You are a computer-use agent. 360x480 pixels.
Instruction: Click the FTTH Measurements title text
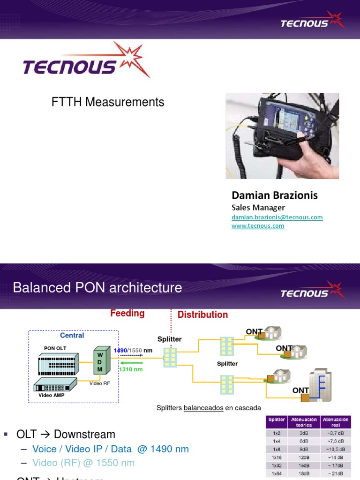click(x=108, y=102)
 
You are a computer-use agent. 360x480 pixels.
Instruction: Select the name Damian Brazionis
click(x=275, y=195)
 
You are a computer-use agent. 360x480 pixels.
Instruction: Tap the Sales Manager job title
click(x=258, y=207)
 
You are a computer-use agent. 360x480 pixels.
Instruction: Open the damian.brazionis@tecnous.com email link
click(x=277, y=217)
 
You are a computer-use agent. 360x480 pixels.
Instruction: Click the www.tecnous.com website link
click(x=258, y=226)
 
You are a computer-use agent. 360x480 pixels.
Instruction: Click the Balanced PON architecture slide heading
click(x=97, y=287)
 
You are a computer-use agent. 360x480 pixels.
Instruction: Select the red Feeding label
click(x=127, y=314)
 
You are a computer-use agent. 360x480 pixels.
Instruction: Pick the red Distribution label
click(x=202, y=315)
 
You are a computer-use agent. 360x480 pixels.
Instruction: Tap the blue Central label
click(x=72, y=336)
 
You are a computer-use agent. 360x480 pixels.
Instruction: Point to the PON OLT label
click(x=55, y=348)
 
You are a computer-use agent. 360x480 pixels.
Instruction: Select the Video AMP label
click(x=52, y=395)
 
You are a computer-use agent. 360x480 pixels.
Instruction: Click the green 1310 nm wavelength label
click(x=131, y=369)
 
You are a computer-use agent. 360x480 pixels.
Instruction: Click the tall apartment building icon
click(x=320, y=384)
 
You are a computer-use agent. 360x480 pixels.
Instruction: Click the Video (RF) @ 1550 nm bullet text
click(x=83, y=463)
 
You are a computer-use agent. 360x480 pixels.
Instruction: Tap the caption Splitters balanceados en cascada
click(x=209, y=408)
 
